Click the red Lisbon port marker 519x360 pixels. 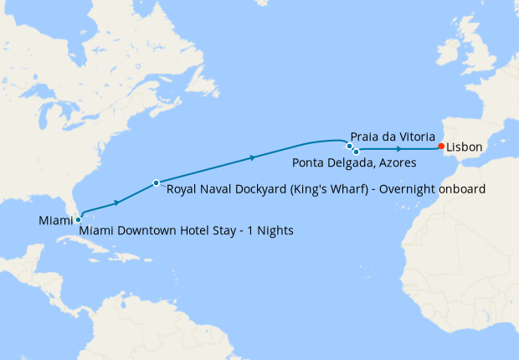[441, 147]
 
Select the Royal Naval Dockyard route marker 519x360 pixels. [157, 183]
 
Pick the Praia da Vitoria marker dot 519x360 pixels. [350, 146]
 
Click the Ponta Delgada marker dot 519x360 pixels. [356, 152]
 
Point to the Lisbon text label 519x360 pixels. [464, 147]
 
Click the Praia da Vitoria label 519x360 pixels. [393, 136]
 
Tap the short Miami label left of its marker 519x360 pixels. [55, 220]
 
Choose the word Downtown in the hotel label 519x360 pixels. [145, 230]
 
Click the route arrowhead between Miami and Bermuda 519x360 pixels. [118, 202]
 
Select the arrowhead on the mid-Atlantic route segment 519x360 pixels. [252, 157]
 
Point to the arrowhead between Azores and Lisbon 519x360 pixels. [398, 149]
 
